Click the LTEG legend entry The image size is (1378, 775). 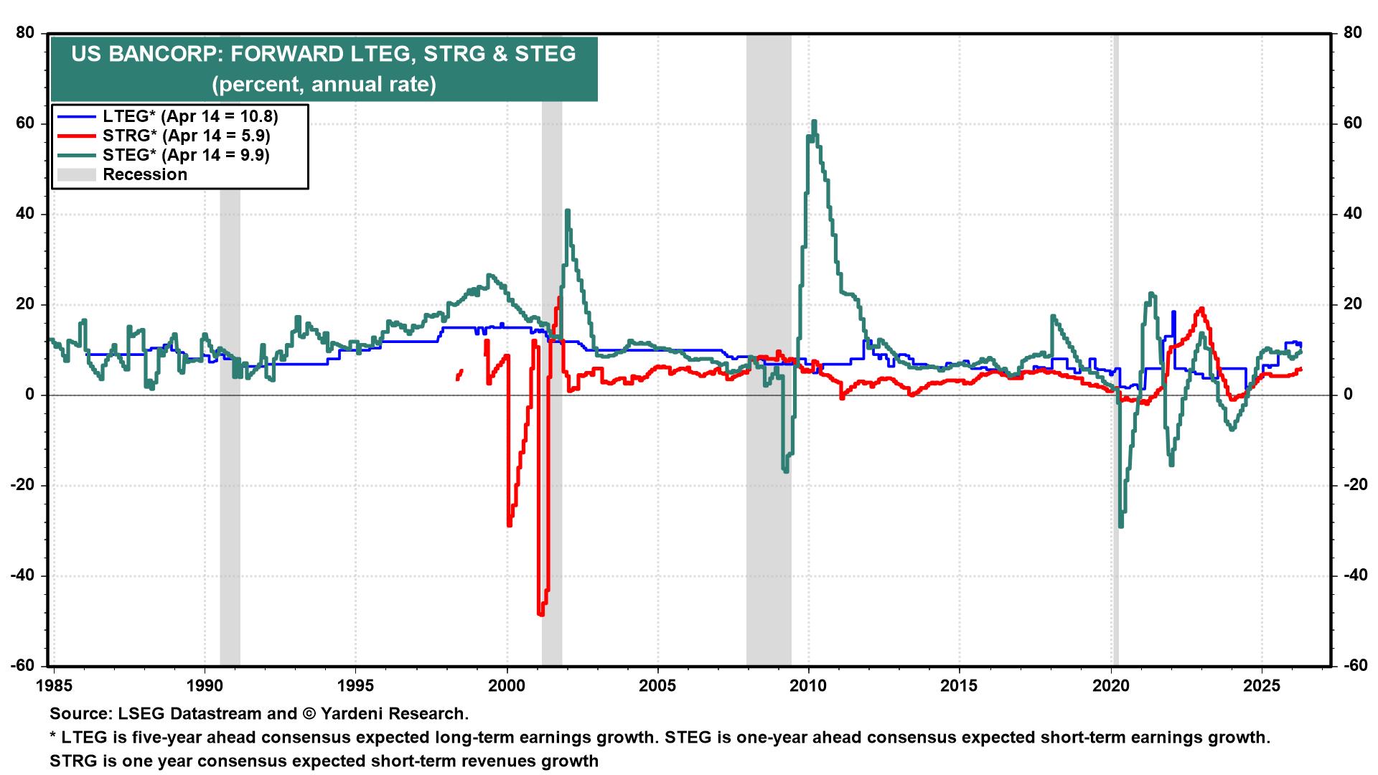pos(189,116)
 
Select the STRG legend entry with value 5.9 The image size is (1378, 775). pos(186,135)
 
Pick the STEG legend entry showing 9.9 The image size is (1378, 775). pos(186,154)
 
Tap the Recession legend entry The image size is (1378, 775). pos(144,174)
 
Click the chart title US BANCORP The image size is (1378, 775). pos(322,55)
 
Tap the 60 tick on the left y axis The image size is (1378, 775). pos(27,123)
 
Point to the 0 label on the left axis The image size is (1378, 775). pos(30,395)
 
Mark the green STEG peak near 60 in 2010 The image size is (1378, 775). pos(814,122)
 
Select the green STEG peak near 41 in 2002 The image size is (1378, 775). pos(567,211)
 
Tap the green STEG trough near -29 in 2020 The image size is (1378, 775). pos(1120,526)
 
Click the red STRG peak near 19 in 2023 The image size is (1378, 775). pos(1201,309)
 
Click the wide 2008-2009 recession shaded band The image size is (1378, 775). pos(769,215)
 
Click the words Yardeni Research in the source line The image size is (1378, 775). pos(395,714)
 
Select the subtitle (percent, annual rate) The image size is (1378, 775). pos(323,85)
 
